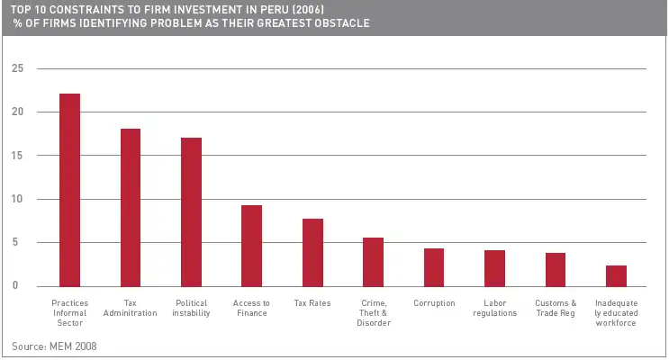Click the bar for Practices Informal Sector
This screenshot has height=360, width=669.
pos(69,190)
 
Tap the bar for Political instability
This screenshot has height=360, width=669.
pos(191,211)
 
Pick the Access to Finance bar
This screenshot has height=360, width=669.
pos(252,246)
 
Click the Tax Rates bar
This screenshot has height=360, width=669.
pos(312,252)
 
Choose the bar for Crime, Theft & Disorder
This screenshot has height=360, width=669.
pos(374,262)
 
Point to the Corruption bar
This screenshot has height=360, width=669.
pos(434,267)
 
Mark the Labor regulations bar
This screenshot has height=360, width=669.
pos(495,268)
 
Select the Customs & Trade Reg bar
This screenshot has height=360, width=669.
pos(556,269)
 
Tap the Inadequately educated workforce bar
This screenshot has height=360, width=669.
pos(617,275)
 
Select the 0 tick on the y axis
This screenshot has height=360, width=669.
pos(15,286)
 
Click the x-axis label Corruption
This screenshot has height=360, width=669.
pos(434,303)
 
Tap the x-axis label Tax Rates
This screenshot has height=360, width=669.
pos(312,303)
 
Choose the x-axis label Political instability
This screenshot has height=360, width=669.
pos(191,308)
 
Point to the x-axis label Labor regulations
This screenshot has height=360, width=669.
pos(495,308)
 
